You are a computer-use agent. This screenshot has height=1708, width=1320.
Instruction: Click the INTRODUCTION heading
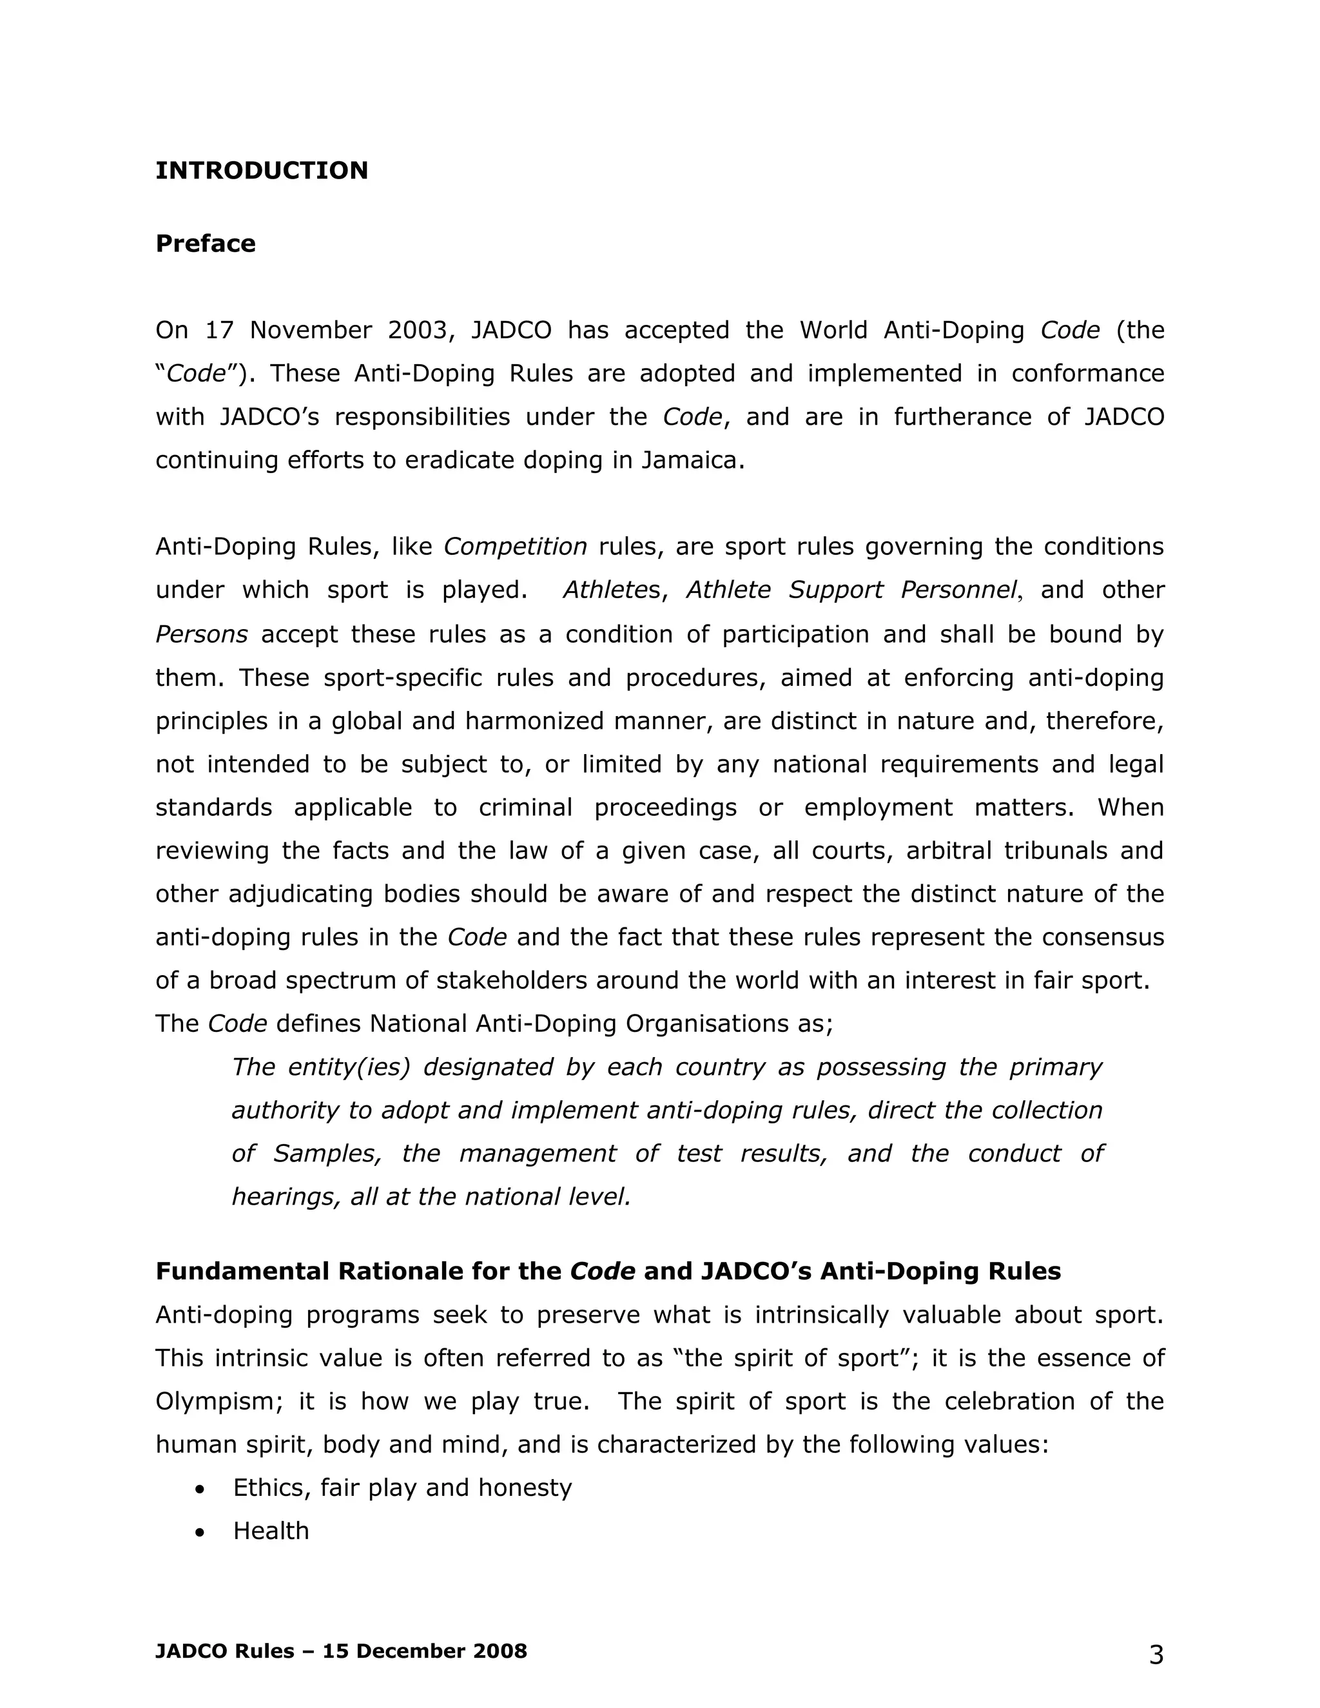261,171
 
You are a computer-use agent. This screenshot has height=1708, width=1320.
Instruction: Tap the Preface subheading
206,243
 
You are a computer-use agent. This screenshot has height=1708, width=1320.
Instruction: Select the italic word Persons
201,634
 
